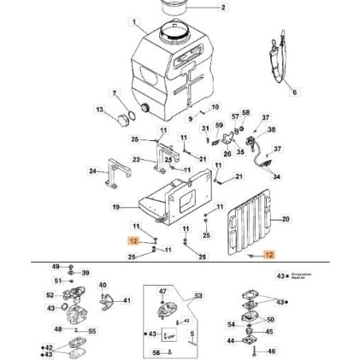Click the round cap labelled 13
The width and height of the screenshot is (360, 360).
(x=123, y=120)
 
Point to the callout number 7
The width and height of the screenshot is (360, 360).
(x=114, y=94)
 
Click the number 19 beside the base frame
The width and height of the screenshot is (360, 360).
(x=115, y=207)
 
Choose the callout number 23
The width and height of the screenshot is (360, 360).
(x=135, y=159)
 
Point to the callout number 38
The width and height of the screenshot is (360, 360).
(x=272, y=130)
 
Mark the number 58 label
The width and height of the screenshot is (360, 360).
(x=247, y=114)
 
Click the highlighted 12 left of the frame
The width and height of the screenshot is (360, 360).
(x=135, y=240)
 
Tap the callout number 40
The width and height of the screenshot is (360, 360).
(x=104, y=284)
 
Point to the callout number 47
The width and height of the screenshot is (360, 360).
(x=162, y=292)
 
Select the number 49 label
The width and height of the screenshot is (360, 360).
(x=56, y=266)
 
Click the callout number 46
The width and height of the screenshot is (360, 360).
(x=274, y=350)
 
